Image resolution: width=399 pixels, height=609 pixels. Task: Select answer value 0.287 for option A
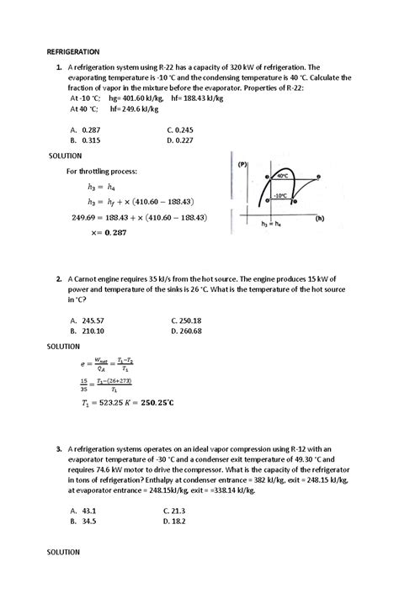(x=93, y=130)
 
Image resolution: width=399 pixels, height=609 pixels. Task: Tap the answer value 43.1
(x=90, y=511)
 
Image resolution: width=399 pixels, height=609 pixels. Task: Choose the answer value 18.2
(x=181, y=522)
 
